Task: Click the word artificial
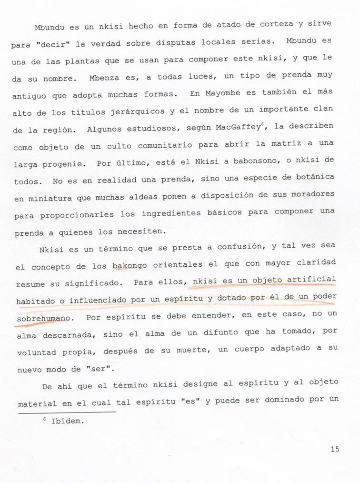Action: pyautogui.click(x=313, y=280)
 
